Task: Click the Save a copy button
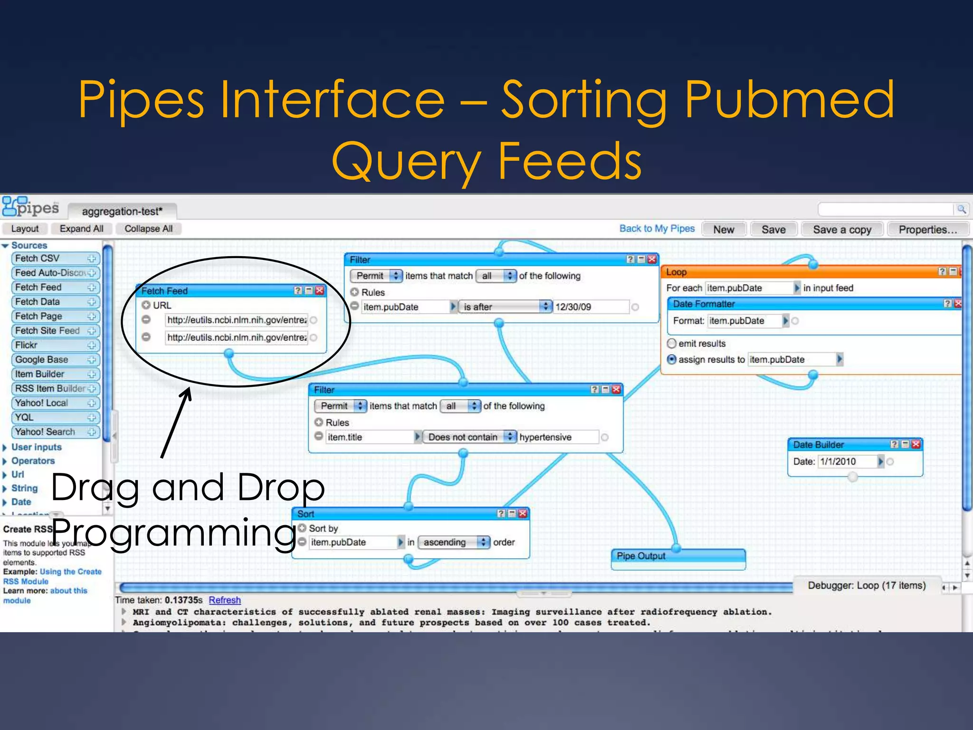(x=842, y=230)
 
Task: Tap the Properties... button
(x=927, y=230)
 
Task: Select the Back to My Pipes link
(x=657, y=229)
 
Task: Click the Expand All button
(x=81, y=229)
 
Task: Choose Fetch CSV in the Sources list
(x=55, y=258)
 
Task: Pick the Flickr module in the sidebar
(x=55, y=345)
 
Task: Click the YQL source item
(x=55, y=417)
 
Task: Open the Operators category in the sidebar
(x=33, y=461)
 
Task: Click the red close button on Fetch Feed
(x=320, y=290)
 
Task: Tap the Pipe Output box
(x=678, y=559)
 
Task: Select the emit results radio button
(x=672, y=343)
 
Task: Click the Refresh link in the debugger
(x=224, y=600)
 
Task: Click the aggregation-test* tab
(x=122, y=211)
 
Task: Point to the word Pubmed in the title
(x=789, y=100)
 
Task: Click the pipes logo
(x=31, y=207)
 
